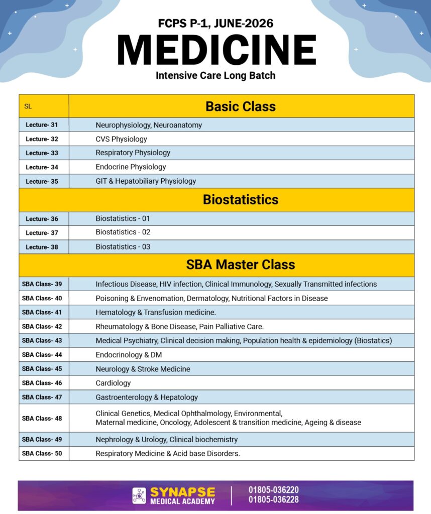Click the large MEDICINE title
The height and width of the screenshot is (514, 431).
[216, 50]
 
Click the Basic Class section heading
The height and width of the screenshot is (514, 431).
[241, 106]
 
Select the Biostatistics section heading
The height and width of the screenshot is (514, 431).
[241, 200]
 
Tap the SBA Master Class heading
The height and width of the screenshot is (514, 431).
[241, 265]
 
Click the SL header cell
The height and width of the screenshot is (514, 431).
[28, 106]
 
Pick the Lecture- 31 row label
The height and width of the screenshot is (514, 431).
[42, 125]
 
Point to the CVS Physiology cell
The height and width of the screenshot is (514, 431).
[121, 139]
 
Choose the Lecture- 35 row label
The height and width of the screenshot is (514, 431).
[42, 181]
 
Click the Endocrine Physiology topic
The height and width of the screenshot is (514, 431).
[131, 167]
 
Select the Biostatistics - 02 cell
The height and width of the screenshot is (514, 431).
[123, 232]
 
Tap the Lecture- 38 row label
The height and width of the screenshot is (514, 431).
[42, 247]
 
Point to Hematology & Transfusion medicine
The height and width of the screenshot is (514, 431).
[156, 312]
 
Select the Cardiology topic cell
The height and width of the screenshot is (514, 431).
[113, 383]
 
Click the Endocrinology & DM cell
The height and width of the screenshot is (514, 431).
[129, 355]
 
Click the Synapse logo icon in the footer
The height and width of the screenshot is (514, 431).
[139, 495]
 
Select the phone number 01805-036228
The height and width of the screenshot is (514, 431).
[274, 500]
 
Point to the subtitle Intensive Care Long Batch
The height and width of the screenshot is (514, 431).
[215, 76]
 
